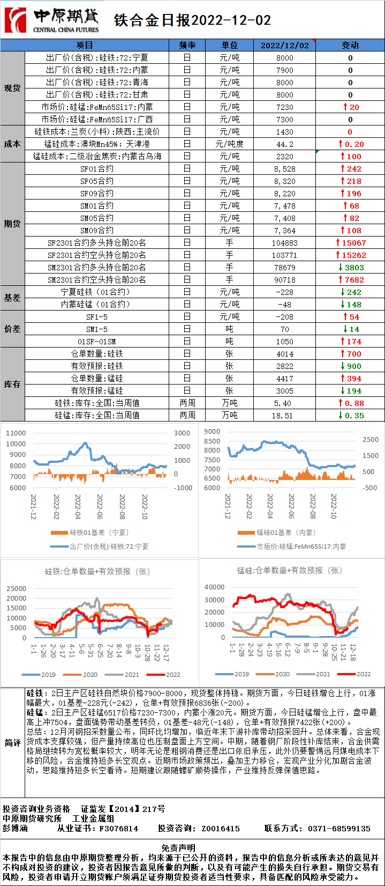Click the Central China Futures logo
tap(52, 20)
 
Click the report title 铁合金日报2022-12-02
tap(193, 20)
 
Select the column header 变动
tap(350, 45)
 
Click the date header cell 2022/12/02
tap(285, 45)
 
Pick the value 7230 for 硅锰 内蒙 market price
tap(285, 107)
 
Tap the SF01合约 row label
tap(97, 169)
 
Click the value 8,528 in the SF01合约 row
tap(285, 169)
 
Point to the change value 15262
tap(353, 255)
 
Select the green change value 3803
tap(353, 268)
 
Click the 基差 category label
tap(12, 298)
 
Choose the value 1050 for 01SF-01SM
tap(285, 342)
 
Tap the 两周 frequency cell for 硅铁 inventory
tap(187, 403)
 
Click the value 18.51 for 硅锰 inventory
tap(285, 416)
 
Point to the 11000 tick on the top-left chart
tap(16, 433)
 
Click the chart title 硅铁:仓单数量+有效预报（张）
tap(97, 571)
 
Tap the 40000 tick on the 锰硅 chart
tap(215, 587)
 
